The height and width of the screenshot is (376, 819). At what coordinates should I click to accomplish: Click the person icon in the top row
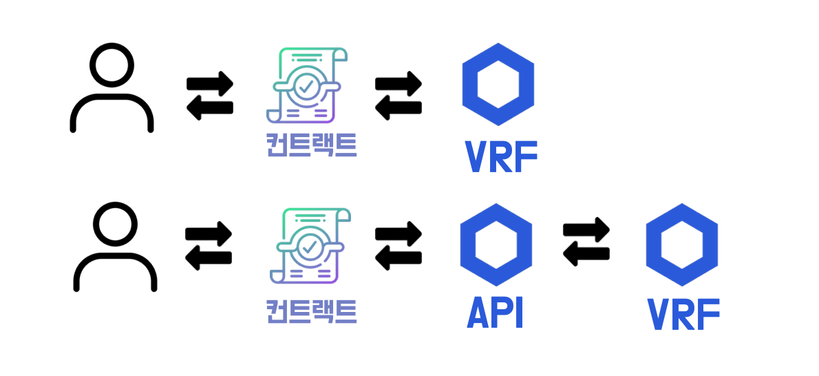pyautogui.click(x=111, y=88)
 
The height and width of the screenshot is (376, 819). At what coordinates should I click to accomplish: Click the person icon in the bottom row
pyautogui.click(x=115, y=246)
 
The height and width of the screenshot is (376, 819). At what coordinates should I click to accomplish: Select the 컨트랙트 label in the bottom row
pyautogui.click(x=311, y=311)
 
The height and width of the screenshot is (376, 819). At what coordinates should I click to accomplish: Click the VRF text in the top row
pyautogui.click(x=500, y=157)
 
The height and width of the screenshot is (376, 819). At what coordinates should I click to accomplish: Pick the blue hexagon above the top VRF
pyautogui.click(x=498, y=85)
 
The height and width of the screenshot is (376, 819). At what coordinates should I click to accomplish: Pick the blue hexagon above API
pyautogui.click(x=496, y=245)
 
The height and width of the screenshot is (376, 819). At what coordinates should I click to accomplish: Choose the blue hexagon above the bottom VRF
pyautogui.click(x=681, y=244)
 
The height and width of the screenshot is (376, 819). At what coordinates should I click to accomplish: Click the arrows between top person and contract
pyautogui.click(x=210, y=95)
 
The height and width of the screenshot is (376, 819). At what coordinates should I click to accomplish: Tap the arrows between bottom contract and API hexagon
pyautogui.click(x=398, y=244)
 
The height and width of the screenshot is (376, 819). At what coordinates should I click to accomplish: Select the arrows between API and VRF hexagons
pyautogui.click(x=586, y=242)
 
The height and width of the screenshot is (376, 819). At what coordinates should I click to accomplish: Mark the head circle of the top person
pyautogui.click(x=111, y=66)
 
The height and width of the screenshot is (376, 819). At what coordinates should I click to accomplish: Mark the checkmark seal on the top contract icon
pyautogui.click(x=305, y=86)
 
